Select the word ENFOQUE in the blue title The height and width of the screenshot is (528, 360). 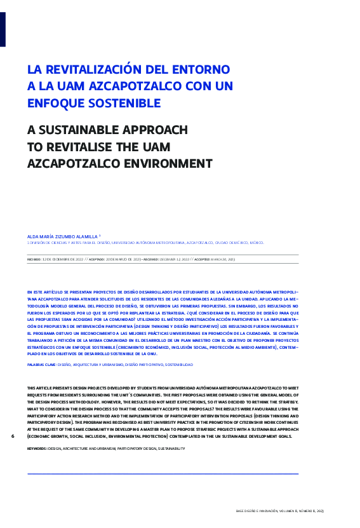click(54, 102)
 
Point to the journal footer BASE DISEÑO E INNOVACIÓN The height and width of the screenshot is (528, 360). click(279, 511)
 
